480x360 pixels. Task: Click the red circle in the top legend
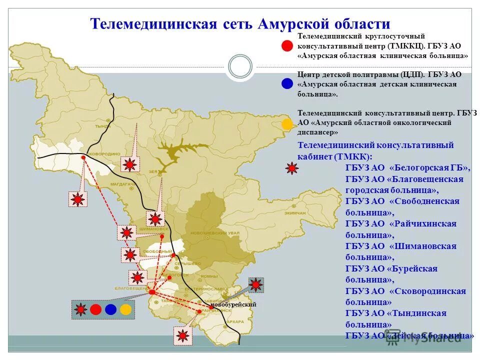287,45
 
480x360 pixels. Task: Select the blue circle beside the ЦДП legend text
287,83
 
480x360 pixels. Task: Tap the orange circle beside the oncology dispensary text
287,124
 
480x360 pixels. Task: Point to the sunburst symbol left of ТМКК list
291,168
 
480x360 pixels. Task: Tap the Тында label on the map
104,126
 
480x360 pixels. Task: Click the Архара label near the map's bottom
235,321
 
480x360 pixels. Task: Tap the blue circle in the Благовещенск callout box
110,309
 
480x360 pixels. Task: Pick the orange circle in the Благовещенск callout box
125,309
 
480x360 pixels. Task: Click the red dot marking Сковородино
83,157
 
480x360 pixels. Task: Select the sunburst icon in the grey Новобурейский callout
256,285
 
